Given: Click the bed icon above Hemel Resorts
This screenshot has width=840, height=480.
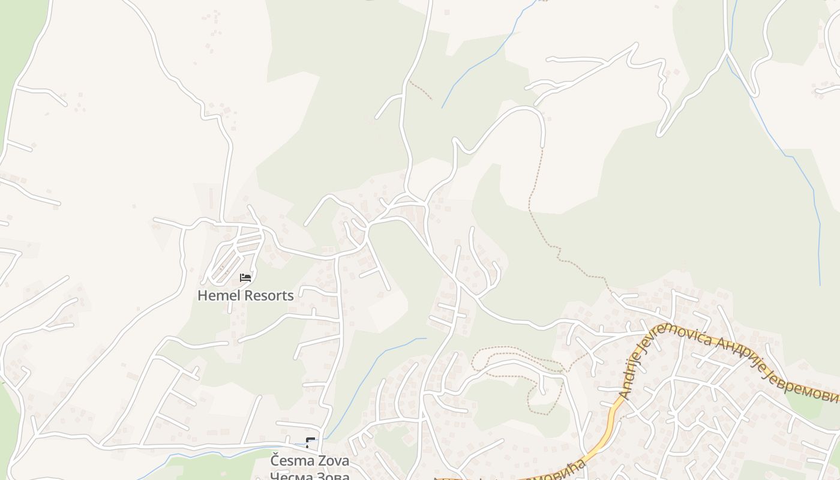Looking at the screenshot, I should click(x=245, y=277).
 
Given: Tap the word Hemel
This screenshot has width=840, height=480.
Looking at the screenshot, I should click(x=218, y=296).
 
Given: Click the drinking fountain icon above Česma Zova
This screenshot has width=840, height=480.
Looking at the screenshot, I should click(x=310, y=443).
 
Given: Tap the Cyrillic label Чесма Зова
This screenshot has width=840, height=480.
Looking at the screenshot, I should click(x=310, y=476).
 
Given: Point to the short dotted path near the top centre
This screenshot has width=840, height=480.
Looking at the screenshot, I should click(x=420, y=90).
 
